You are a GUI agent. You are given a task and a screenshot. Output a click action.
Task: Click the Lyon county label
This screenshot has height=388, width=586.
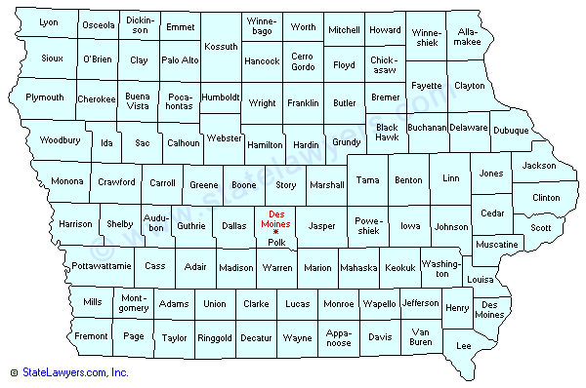click(48, 22)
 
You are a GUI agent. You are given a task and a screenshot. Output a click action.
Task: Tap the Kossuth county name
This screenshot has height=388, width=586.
click(221, 46)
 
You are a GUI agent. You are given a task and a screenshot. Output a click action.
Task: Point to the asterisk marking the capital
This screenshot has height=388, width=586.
click(276, 233)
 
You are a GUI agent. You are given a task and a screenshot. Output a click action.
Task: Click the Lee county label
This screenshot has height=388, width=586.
click(464, 345)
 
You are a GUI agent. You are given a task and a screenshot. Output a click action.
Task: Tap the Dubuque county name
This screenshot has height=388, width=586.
click(510, 131)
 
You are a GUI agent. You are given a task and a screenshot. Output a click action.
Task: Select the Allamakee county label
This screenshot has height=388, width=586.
click(468, 38)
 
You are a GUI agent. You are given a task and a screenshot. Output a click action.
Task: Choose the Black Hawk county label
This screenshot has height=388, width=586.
click(387, 132)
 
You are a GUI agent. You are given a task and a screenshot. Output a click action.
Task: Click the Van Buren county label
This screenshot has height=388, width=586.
click(421, 336)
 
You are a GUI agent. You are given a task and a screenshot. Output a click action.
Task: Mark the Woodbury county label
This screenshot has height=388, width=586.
click(59, 140)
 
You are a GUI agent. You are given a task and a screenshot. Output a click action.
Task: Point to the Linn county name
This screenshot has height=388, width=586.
click(450, 179)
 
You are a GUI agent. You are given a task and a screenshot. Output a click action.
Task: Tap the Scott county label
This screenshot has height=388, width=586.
click(540, 227)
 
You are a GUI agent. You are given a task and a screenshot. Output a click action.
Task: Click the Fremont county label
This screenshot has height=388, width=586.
click(92, 336)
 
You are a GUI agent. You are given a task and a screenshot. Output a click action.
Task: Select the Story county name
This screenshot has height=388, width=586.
click(286, 184)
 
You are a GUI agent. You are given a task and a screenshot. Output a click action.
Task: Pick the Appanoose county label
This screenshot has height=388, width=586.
click(338, 336)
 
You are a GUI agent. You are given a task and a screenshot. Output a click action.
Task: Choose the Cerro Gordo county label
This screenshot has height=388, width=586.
click(303, 61)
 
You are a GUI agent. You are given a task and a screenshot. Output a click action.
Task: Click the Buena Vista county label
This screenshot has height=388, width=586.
click(138, 100)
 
